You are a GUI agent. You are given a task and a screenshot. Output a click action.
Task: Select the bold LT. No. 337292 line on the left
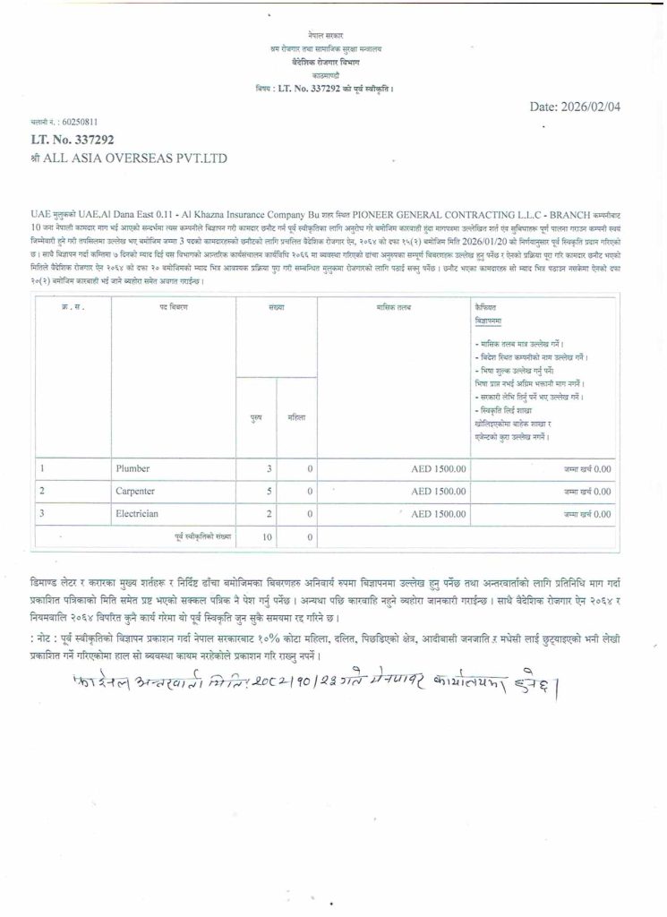tap(73, 140)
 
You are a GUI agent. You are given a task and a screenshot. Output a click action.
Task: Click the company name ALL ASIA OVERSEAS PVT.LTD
tap(129, 159)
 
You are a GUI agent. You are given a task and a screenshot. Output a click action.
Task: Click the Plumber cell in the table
tap(132, 468)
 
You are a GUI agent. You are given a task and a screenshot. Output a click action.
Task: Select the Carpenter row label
tap(135, 492)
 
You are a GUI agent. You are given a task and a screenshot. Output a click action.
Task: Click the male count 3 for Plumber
tap(268, 468)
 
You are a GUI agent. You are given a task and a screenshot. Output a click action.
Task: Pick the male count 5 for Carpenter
tap(268, 492)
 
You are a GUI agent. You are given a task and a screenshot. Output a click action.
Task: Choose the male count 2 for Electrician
tap(268, 514)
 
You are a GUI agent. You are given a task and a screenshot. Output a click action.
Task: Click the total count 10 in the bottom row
tap(266, 536)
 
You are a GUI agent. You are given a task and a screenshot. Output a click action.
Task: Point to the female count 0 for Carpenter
tap(309, 492)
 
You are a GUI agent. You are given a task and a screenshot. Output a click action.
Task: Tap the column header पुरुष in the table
tap(256, 417)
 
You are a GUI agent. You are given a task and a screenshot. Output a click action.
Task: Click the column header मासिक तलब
tap(394, 307)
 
